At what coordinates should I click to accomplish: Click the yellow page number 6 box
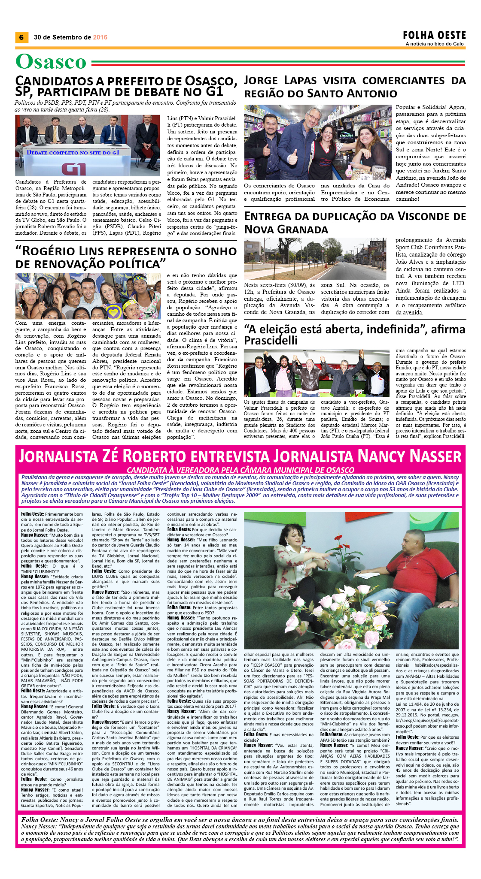click(x=21, y=37)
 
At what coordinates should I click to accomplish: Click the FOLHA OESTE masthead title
click(x=434, y=35)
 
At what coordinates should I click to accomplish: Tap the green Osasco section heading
click(x=51, y=62)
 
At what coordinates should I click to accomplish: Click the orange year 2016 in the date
click(x=100, y=37)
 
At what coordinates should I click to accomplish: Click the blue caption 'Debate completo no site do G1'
click(x=73, y=152)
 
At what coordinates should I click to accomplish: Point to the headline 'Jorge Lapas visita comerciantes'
click(x=354, y=87)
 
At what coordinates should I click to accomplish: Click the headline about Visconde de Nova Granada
click(x=354, y=223)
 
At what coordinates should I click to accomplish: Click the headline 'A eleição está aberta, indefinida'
click(x=354, y=335)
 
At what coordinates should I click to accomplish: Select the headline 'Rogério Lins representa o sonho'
click(x=126, y=257)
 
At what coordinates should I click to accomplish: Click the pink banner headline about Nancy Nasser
click(x=240, y=456)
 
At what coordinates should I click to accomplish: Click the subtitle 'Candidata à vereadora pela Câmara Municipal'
click(x=240, y=470)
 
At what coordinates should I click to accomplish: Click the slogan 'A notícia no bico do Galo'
click(x=434, y=44)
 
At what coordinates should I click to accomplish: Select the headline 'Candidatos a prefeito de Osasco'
click(x=126, y=86)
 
